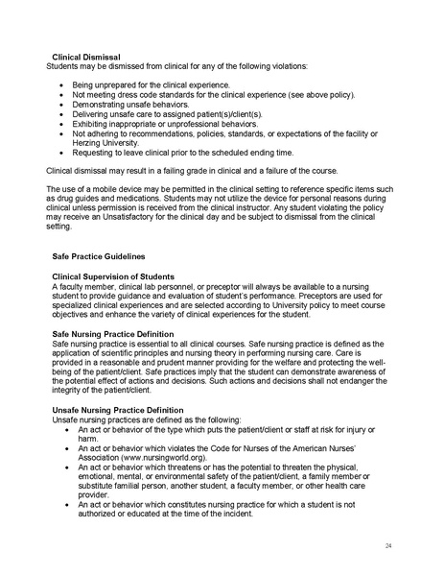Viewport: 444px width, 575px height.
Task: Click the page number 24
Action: pyautogui.click(x=388, y=544)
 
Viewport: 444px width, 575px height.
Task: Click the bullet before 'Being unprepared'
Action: pyautogui.click(x=61, y=85)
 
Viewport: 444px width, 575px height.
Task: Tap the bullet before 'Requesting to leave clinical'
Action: pyautogui.click(x=61, y=151)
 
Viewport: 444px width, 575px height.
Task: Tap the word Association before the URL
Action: pyautogui.click(x=100, y=458)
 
